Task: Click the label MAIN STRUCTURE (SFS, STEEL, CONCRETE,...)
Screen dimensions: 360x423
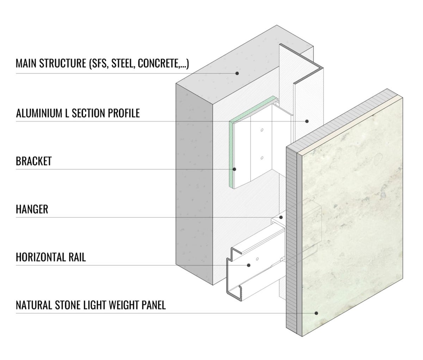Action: [x=102, y=63]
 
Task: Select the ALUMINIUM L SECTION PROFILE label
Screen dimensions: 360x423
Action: [x=78, y=113]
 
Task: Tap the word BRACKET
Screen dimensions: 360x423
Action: [x=33, y=161]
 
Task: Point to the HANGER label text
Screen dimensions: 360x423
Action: [x=32, y=209]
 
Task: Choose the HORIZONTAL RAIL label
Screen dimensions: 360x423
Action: [x=50, y=257]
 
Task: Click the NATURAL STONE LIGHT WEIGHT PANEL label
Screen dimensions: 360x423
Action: [x=91, y=305]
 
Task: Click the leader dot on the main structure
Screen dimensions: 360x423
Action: [x=237, y=73]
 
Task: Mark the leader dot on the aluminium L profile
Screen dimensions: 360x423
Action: [x=307, y=121]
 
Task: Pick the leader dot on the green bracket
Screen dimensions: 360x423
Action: [x=234, y=169]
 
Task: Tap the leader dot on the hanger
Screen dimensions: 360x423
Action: [x=281, y=217]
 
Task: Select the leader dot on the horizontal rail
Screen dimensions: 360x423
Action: [x=249, y=265]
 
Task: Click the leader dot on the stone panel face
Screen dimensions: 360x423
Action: [x=316, y=313]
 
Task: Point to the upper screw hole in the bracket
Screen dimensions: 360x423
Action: [x=262, y=130]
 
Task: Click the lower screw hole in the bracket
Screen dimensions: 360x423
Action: [x=262, y=158]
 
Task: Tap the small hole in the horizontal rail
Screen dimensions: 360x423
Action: [x=257, y=259]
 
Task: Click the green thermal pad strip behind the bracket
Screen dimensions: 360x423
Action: [x=232, y=152]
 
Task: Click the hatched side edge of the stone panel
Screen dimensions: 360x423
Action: [x=292, y=240]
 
